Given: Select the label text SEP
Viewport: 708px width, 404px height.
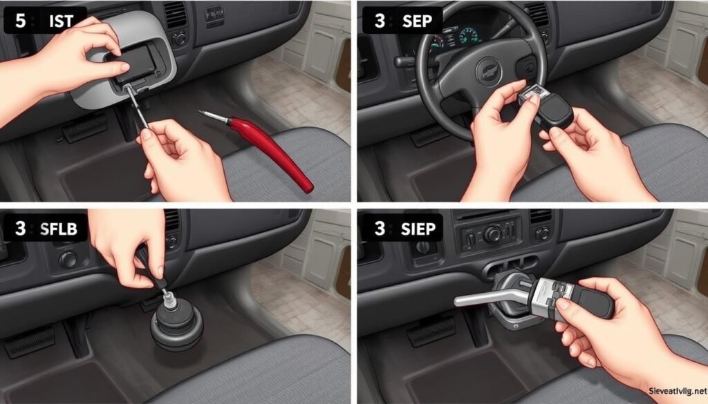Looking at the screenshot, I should click(417, 21).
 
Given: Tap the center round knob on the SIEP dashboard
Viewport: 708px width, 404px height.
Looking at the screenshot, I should click(492, 235).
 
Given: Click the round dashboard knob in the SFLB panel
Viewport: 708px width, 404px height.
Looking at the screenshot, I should click(68, 260).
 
